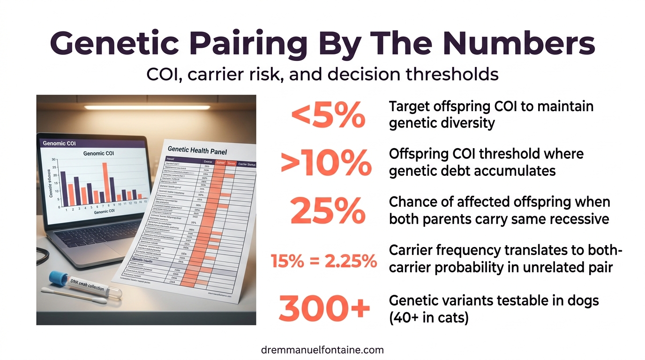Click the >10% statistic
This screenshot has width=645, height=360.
(326, 163)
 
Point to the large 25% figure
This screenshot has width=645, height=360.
(328, 211)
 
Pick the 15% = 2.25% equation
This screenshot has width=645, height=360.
(324, 261)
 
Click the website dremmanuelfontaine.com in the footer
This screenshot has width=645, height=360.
(322, 350)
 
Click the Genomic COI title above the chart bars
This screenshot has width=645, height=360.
(98, 153)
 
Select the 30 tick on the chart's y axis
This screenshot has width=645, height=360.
(53, 160)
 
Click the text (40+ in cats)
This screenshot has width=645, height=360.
(429, 318)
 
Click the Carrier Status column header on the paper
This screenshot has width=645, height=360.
(247, 164)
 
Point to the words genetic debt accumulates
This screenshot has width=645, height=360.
(472, 171)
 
